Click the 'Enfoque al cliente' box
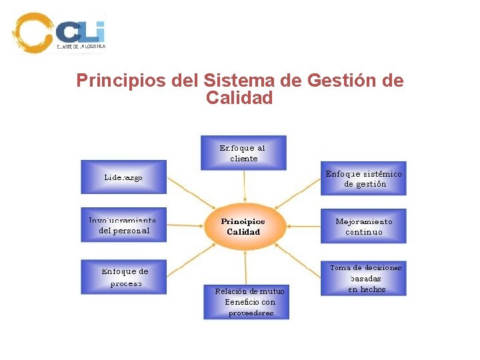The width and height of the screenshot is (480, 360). click(x=243, y=153)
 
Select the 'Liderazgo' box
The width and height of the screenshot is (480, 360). click(x=123, y=177)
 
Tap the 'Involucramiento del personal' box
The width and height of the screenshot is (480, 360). click(x=123, y=225)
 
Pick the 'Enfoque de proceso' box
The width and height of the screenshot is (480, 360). click(x=123, y=277)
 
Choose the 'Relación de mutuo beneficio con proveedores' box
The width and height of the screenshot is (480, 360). click(x=246, y=302)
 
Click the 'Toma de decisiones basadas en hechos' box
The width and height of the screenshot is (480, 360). click(x=363, y=278)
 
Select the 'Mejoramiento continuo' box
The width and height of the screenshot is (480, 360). click(x=363, y=226)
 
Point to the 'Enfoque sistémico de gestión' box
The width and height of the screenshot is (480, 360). click(x=363, y=179)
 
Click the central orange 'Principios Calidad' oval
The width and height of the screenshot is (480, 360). click(x=243, y=226)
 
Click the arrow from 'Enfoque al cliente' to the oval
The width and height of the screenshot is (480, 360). click(x=244, y=185)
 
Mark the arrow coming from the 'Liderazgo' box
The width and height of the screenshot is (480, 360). click(x=189, y=190)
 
